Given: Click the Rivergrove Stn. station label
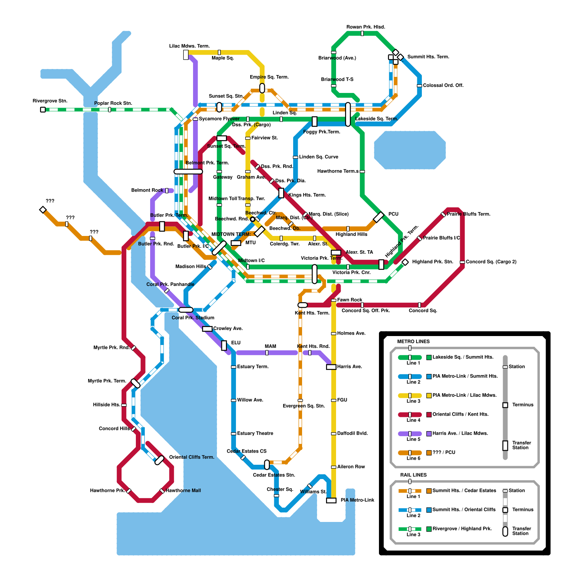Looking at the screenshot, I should click(x=50, y=101).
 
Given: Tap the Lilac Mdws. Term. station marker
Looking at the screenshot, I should click(x=186, y=55).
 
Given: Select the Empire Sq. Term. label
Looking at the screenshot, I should click(x=269, y=77).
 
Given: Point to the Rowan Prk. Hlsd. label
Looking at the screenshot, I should click(x=366, y=27).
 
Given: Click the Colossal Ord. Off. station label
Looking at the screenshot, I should click(x=443, y=85).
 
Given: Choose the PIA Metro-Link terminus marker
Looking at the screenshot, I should click(x=331, y=500).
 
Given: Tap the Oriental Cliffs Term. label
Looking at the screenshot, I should click(x=192, y=457).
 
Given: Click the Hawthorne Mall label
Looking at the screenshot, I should click(x=183, y=490).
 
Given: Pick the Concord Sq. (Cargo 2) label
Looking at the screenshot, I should click(x=491, y=262).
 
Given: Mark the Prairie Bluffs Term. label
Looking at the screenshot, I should click(x=468, y=214).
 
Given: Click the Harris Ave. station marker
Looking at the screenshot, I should click(x=331, y=367).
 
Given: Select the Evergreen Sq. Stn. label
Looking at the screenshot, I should click(x=304, y=406).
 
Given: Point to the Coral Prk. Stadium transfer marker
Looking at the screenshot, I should click(x=186, y=310).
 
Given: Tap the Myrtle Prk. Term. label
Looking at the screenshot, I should click(x=107, y=381).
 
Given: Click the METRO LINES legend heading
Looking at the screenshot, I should click(x=413, y=341).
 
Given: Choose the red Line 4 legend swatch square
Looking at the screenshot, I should click(x=429, y=415).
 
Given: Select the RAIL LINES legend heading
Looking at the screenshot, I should click(x=413, y=475).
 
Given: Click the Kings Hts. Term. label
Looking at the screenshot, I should click(x=307, y=195).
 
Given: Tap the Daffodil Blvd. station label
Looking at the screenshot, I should click(x=352, y=433).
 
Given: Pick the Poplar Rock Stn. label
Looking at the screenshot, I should click(x=113, y=103).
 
